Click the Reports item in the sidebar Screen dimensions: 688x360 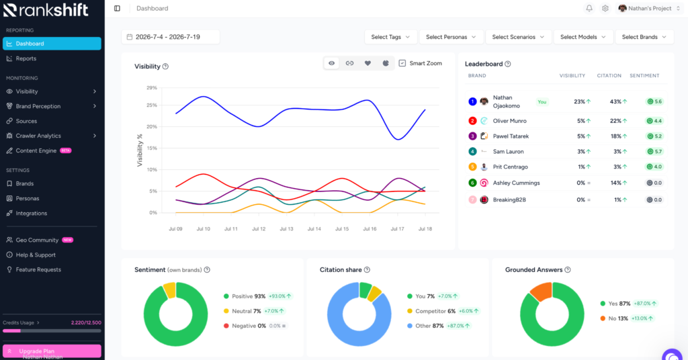pyautogui.click(x=26, y=58)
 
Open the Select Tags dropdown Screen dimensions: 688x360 pyautogui.click(x=390, y=37)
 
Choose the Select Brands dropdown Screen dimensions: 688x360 pyautogui.click(x=644, y=37)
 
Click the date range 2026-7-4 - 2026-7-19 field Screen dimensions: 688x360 pyautogui.click(x=170, y=37)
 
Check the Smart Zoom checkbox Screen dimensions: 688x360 pyautogui.click(x=402, y=63)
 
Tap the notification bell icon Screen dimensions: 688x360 pyautogui.click(x=589, y=8)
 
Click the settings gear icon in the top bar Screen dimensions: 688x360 pyautogui.click(x=605, y=8)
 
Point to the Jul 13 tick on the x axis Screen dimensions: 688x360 pyautogui.click(x=286, y=229)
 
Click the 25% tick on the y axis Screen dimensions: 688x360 pyautogui.click(x=152, y=105)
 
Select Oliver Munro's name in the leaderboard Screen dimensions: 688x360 pyautogui.click(x=509, y=121)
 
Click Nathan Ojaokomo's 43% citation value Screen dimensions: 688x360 pyautogui.click(x=615, y=101)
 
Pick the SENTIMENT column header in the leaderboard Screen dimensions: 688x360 pyautogui.click(x=644, y=75)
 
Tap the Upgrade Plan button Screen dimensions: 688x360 pyautogui.click(x=52, y=351)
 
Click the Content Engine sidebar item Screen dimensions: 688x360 pyautogui.click(x=36, y=150)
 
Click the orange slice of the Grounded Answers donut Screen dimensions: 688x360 pyautogui.click(x=542, y=291)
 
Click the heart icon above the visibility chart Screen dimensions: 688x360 pyautogui.click(x=368, y=63)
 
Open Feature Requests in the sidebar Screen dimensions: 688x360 pyautogui.click(x=38, y=270)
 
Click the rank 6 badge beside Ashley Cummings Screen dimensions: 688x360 pyautogui.click(x=472, y=183)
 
